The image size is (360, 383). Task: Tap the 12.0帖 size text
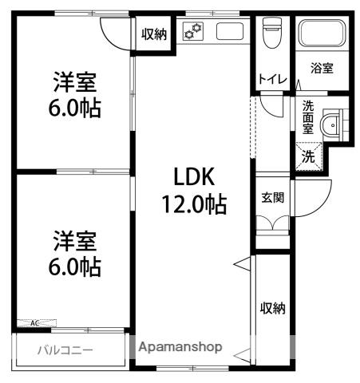(x=195, y=204)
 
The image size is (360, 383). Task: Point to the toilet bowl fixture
(x=270, y=34)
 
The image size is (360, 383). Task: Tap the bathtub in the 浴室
(x=321, y=34)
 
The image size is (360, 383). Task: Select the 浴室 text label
(x=322, y=69)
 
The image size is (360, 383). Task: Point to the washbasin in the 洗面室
(x=330, y=126)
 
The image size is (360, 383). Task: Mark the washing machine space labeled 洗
(x=308, y=156)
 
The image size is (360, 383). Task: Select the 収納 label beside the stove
(x=154, y=34)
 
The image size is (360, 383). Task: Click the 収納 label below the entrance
(x=272, y=307)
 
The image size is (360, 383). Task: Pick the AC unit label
(x=35, y=324)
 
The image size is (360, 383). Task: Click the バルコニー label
(x=65, y=349)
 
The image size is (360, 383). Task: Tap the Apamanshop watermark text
(x=180, y=348)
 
